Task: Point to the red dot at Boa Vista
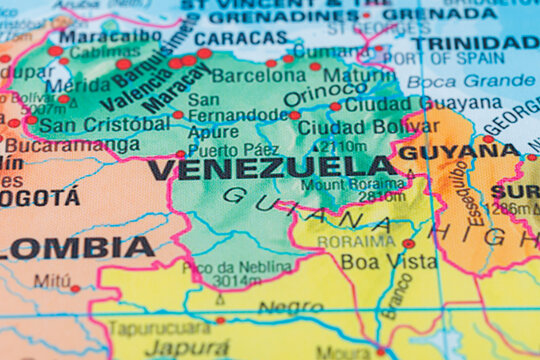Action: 408,243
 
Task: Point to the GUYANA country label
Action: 460,151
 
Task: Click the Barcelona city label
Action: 258,75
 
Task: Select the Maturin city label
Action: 358,75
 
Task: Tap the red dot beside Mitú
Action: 75,288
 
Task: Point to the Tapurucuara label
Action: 158,328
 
